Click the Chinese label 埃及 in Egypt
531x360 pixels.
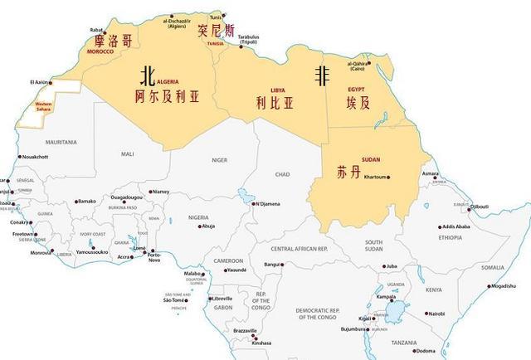click(x=360, y=102)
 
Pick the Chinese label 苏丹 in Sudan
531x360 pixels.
click(x=348, y=174)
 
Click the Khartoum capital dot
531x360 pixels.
click(x=391, y=178)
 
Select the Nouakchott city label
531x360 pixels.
click(x=35, y=156)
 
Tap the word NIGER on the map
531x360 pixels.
click(x=219, y=159)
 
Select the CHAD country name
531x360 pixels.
click(x=283, y=174)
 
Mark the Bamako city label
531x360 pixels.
click(x=87, y=201)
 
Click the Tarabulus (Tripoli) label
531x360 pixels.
click(x=248, y=40)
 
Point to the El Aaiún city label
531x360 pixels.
click(x=39, y=82)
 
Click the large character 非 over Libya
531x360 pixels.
click(x=320, y=75)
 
